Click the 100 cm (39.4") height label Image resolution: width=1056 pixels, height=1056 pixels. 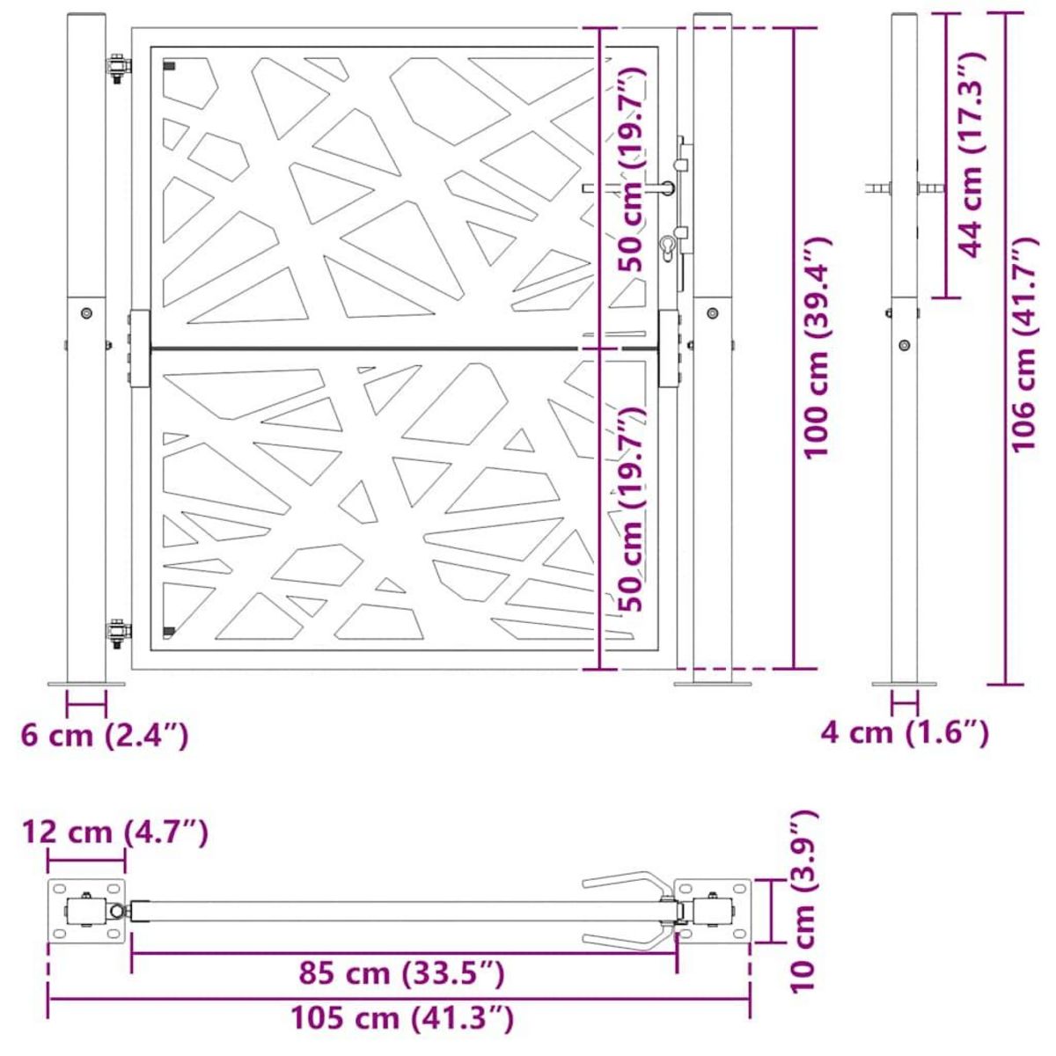click(x=818, y=347)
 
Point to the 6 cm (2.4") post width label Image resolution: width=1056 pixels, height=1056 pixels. click(x=105, y=735)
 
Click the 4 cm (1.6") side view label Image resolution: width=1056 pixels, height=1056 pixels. click(x=904, y=731)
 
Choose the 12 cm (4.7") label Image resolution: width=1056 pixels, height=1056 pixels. click(x=116, y=832)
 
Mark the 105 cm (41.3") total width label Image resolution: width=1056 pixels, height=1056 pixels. click(x=404, y=1019)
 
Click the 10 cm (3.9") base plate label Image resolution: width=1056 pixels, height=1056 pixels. click(x=803, y=901)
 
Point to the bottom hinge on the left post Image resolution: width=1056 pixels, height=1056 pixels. click(x=117, y=632)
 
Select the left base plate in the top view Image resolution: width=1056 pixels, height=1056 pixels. click(x=86, y=912)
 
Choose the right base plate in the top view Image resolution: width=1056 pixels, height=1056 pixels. click(x=713, y=912)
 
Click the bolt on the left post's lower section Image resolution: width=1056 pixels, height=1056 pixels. click(x=86, y=313)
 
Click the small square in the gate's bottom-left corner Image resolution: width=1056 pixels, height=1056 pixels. click(x=169, y=630)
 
